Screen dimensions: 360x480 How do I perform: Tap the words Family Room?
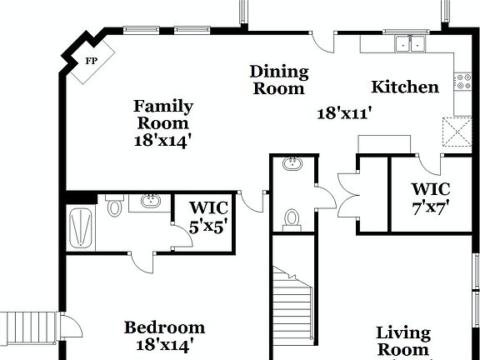(x=163, y=115)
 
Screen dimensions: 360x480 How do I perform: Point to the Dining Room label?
(x=279, y=80)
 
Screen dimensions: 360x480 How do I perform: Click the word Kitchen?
(x=404, y=87)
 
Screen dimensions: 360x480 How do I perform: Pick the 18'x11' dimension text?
(x=343, y=113)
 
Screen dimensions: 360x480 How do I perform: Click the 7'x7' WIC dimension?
(x=431, y=209)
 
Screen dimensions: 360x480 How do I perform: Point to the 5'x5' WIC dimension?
(x=207, y=224)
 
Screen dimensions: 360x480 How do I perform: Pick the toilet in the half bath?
(x=292, y=218)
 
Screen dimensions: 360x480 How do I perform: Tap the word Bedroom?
(x=164, y=327)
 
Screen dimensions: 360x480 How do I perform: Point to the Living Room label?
(x=403, y=341)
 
